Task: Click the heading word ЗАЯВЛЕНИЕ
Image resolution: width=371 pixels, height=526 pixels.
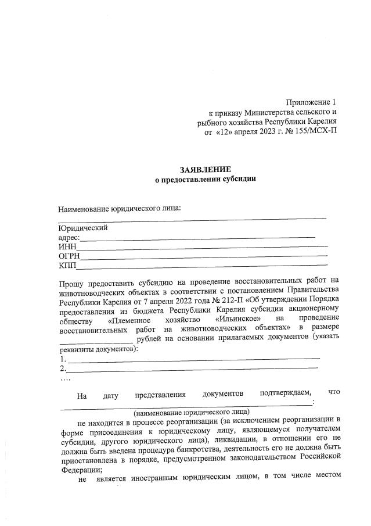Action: (x=201, y=169)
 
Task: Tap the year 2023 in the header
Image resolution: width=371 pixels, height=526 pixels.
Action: (x=264, y=131)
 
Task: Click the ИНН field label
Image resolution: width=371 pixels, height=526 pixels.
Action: (x=67, y=247)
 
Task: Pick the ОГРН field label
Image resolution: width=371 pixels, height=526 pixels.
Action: (x=69, y=256)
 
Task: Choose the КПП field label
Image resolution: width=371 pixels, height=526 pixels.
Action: (x=67, y=266)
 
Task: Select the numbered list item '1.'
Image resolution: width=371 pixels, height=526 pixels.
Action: (x=63, y=359)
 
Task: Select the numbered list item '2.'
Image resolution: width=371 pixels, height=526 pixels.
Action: (x=63, y=368)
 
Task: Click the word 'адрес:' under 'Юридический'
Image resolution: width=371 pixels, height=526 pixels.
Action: (x=69, y=237)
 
